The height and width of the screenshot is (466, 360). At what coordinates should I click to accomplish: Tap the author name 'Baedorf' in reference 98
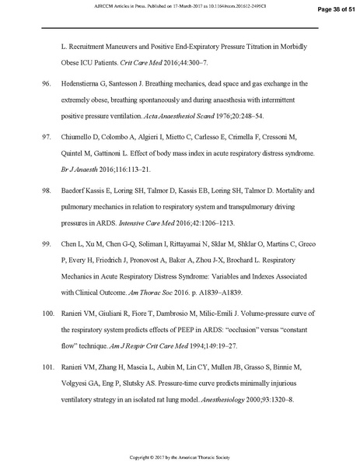coord(75,189)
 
